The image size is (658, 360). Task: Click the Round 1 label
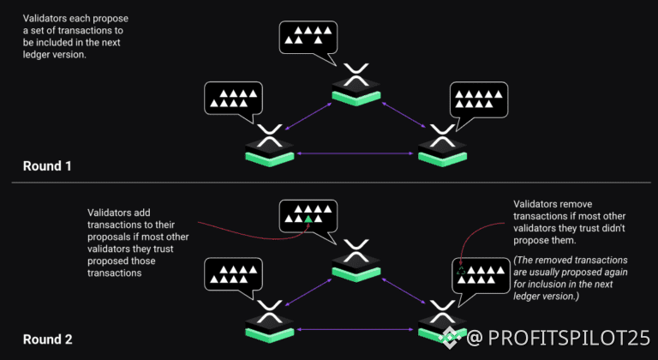46,165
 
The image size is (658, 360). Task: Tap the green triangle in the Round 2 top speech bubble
307,219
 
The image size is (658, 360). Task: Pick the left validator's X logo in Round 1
270,134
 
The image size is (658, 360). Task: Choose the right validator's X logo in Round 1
442,134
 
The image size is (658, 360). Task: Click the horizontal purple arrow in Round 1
356,154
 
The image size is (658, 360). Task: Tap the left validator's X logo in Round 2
270,310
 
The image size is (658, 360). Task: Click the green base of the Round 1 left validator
270,158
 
